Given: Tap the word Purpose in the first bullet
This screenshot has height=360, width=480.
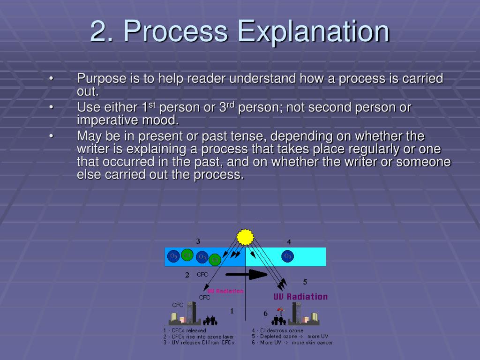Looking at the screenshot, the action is point(101,79).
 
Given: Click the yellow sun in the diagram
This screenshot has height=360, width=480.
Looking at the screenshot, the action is point(245,237).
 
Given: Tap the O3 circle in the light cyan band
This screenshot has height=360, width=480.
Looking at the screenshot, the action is point(287,256).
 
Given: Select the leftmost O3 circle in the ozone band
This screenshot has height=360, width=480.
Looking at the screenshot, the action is point(173,256).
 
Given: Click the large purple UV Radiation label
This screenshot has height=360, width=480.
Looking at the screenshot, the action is point(300,296).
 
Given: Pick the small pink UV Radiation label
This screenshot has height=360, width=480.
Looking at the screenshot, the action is point(225,291).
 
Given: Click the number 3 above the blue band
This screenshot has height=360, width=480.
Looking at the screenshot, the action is point(198,241).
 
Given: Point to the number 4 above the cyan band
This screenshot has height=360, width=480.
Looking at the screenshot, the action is point(289,242).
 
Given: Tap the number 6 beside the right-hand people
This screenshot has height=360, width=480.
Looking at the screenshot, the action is point(265,313).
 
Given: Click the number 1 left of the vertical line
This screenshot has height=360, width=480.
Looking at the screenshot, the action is point(232,311).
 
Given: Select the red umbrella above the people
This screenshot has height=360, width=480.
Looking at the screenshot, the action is point(280,309).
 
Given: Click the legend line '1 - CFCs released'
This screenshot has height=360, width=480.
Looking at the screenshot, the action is point(184,330).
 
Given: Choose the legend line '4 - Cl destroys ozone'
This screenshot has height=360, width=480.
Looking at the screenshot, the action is point(277,330).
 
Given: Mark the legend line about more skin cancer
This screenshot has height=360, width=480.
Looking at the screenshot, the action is point(292,343).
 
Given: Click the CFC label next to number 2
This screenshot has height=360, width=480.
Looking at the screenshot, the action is point(202,275).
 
